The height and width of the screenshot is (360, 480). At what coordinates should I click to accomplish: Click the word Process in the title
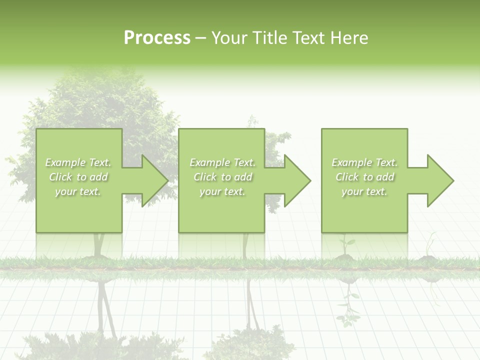click(x=157, y=38)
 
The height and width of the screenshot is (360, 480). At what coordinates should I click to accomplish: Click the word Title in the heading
click(x=270, y=38)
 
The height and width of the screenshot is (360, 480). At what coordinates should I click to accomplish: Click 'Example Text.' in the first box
click(x=78, y=162)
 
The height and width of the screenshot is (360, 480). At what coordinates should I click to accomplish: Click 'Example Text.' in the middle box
click(x=222, y=162)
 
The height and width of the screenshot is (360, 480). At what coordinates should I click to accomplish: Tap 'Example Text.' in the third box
click(x=364, y=162)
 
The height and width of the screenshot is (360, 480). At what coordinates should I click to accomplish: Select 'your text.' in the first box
click(x=78, y=191)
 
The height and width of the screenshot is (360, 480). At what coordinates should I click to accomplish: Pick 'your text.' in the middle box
click(x=222, y=191)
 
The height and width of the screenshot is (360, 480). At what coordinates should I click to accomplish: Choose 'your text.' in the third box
click(x=364, y=191)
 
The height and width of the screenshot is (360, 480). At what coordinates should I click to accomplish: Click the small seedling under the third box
click(x=345, y=247)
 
